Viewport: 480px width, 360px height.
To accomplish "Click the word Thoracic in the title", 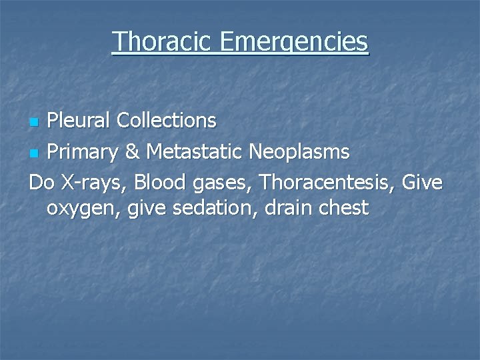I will point(162,41).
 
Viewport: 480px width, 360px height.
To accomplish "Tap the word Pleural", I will point(79,121).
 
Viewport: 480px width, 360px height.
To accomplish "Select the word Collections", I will point(166,121).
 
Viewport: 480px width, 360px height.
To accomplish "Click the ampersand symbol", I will point(133,152).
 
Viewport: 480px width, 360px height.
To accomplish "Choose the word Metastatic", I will point(195,152).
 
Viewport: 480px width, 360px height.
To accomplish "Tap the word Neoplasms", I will point(299,152).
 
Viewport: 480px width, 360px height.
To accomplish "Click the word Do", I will point(41,181).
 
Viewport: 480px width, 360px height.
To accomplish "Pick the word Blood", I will point(159,181).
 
